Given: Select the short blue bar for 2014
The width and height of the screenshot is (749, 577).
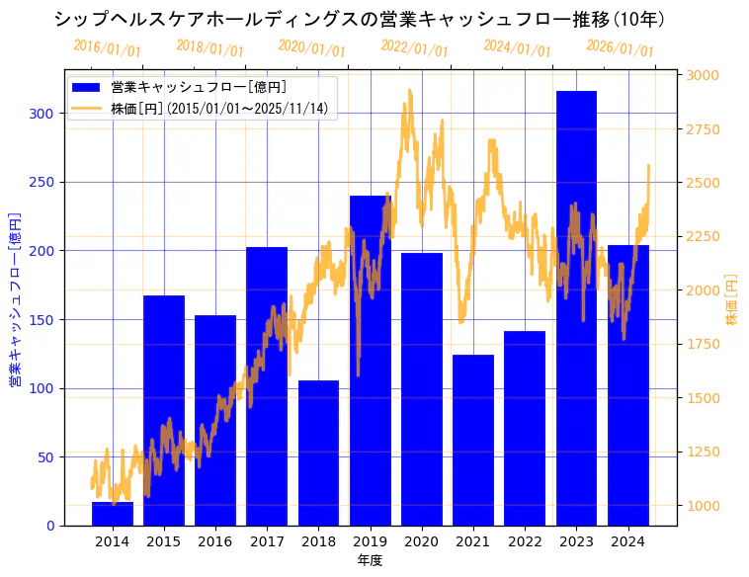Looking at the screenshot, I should tap(113, 514).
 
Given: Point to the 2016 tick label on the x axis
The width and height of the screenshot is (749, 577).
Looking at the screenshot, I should tap(215, 540).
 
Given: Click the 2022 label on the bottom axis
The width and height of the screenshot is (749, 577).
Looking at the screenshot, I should tap(525, 540).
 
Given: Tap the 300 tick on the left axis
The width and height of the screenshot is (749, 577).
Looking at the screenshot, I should tap(42, 114).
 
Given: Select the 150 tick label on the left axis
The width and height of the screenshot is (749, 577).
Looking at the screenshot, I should tap(42, 319).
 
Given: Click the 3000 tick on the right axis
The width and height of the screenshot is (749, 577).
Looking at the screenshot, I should tap(704, 75).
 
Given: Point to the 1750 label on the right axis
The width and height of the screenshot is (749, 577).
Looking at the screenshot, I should tap(704, 344).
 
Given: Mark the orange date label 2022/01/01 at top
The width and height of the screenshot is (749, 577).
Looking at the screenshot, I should tap(414, 49).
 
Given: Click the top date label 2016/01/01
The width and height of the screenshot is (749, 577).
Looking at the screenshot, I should tap(107, 47).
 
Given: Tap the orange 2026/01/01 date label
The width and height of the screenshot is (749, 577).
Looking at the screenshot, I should tap(620, 49).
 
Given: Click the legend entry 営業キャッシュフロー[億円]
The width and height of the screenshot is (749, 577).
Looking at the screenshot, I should tap(198, 88).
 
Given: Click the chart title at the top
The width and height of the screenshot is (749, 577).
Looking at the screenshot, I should tap(360, 19).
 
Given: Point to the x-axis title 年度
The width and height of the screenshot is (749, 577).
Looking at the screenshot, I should tap(370, 560).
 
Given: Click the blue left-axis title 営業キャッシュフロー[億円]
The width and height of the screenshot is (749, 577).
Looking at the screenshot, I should tap(16, 299).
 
